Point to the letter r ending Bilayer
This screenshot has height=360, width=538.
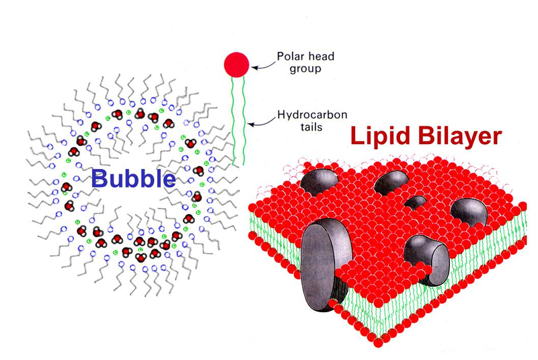496,138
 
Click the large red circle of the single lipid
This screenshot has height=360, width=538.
236,64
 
